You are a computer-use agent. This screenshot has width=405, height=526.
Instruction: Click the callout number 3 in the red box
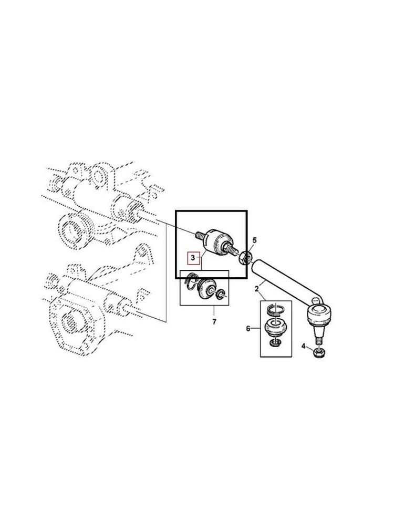(193, 258)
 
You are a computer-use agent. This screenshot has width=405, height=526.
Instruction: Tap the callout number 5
(255, 240)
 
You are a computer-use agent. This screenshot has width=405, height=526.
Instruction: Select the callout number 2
(256, 289)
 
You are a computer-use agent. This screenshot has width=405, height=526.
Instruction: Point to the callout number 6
(248, 328)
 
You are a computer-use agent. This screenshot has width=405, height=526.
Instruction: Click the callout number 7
(214, 322)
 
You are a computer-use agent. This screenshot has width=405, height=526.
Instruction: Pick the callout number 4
(303, 346)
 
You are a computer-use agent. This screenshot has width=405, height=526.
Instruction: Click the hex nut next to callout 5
(245, 258)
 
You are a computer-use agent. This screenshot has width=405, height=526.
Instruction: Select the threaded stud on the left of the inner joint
(200, 236)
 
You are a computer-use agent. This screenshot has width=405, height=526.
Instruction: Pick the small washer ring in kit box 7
(220, 295)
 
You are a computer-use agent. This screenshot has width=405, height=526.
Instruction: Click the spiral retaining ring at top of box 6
(275, 310)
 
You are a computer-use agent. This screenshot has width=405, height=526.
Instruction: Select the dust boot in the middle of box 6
(275, 328)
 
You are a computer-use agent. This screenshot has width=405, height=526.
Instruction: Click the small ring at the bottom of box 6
(275, 343)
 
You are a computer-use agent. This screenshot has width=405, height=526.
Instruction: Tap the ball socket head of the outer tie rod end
(319, 315)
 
